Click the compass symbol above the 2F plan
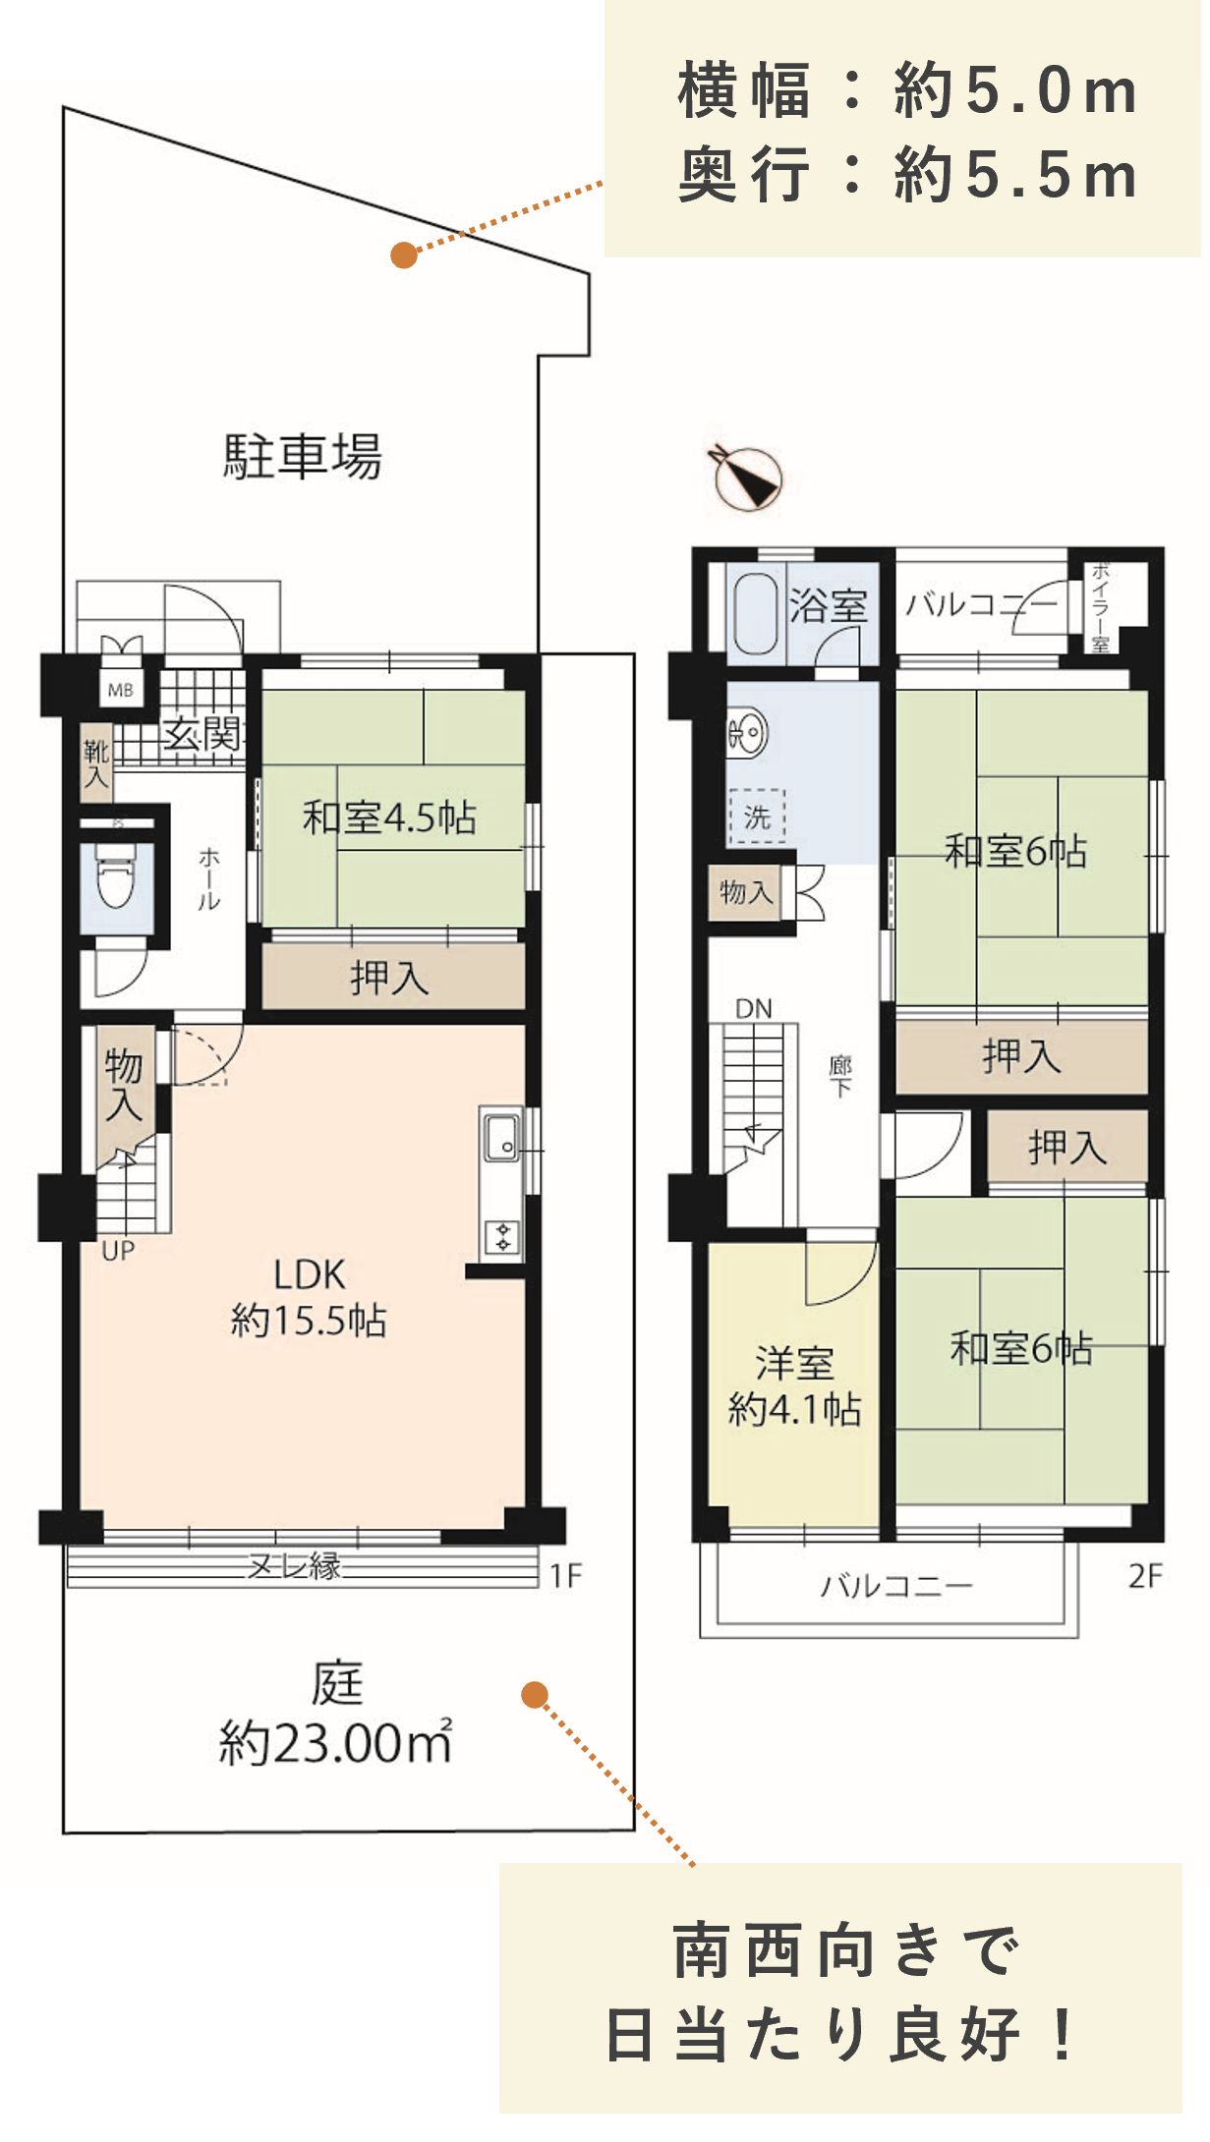746,478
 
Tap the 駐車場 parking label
303,456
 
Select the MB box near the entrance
121,690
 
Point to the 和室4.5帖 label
390,817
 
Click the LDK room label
309,1298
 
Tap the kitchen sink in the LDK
501,1138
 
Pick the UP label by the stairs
118,1251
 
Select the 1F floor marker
566,1576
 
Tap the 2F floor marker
1145,1576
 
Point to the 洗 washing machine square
756,817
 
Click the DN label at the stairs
754,1008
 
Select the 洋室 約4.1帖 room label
794,1386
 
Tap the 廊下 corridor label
840,1077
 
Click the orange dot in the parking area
404,255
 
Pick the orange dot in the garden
535,1695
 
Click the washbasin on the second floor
747,732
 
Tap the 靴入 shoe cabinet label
95,764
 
